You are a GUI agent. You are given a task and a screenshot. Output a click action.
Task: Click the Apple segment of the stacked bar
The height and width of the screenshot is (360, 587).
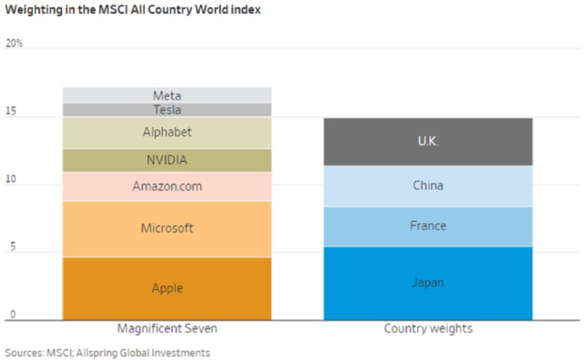coord(167,288)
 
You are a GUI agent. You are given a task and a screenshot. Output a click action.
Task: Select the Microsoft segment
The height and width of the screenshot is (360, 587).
coord(167,228)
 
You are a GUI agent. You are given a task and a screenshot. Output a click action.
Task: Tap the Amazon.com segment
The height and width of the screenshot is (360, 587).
coord(167,186)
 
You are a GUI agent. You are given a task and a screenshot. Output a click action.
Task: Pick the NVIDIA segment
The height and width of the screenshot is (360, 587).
coord(167,160)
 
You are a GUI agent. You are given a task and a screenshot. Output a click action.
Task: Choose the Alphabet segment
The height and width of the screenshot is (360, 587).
coord(167,133)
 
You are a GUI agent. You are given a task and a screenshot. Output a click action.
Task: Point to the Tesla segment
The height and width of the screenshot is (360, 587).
coord(167,110)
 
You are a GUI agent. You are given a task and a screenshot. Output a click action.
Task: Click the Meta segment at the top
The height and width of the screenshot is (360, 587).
coord(167,95)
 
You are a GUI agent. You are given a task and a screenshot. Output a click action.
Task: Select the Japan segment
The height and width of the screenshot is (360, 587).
coord(428,283)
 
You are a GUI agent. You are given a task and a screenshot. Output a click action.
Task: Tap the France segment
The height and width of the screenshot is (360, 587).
coord(428,226)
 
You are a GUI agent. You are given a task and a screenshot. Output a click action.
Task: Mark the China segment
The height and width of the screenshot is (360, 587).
coord(428,185)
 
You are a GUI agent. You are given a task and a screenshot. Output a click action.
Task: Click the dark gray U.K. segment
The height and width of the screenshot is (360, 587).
coord(428,142)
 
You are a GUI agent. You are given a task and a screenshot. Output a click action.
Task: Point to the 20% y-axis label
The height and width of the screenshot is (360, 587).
coord(14,43)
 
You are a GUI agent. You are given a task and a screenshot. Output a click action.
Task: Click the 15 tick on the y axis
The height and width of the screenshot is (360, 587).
coord(11,112)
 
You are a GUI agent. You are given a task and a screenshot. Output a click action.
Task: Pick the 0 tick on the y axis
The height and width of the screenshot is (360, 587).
coord(9,316)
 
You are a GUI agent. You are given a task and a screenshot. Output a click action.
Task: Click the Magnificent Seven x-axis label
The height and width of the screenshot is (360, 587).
coord(167,328)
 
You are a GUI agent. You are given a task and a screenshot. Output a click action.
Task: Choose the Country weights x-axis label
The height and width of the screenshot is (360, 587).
coord(428,328)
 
